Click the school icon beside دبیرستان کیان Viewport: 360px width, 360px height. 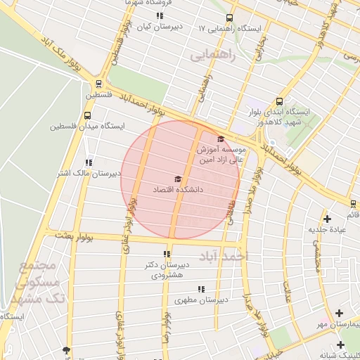click(160, 15)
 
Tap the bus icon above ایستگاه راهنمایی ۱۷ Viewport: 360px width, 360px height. click(229, 18)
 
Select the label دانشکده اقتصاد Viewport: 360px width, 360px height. click(178, 190)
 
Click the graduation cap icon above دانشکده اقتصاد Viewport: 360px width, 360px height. click(178, 179)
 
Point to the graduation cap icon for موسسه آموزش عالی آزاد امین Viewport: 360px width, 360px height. click(221, 139)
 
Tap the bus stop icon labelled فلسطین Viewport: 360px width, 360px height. click(98, 82)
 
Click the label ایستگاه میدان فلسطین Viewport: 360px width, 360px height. click(87, 127)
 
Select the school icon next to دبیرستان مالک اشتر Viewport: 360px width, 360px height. click(88, 162)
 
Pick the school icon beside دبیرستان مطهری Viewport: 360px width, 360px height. click(202, 289)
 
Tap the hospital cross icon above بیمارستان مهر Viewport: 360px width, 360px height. click(340, 313)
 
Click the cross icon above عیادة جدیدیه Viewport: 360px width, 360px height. click(327, 219)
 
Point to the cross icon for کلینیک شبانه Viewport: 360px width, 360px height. click(341, 345)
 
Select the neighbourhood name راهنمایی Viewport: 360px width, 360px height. click(210, 53)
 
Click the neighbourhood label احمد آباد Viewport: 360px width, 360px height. click(224, 257)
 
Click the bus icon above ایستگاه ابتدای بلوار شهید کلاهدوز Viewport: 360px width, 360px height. click(280, 101)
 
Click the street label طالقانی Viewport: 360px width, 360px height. click(230, 208)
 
